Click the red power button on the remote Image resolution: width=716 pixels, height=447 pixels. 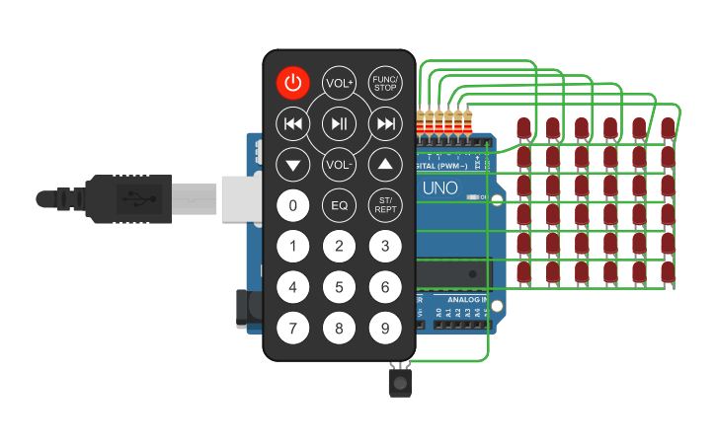pyautogui.click(x=292, y=83)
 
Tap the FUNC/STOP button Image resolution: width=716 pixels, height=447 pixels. pyautogui.click(x=385, y=83)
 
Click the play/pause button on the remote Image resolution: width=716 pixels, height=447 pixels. pyautogui.click(x=339, y=123)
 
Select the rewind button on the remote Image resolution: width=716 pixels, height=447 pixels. pyautogui.click(x=292, y=123)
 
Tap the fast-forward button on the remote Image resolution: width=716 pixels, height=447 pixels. pyautogui.click(x=385, y=123)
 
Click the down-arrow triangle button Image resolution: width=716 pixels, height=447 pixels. pyautogui.click(x=292, y=164)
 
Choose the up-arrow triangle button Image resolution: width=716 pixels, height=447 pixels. pyautogui.click(x=385, y=164)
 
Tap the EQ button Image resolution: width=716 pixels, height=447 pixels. pyautogui.click(x=339, y=205)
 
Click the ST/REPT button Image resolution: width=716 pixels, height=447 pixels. pyautogui.click(x=385, y=205)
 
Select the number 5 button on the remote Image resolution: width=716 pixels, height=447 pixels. pyautogui.click(x=339, y=287)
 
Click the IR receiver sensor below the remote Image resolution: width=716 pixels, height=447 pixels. pyautogui.click(x=400, y=381)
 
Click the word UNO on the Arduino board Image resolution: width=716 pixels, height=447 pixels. pyautogui.click(x=440, y=188)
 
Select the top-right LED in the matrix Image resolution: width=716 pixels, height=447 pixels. pyautogui.click(x=669, y=128)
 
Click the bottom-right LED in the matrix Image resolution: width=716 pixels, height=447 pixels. pyautogui.click(x=669, y=271)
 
